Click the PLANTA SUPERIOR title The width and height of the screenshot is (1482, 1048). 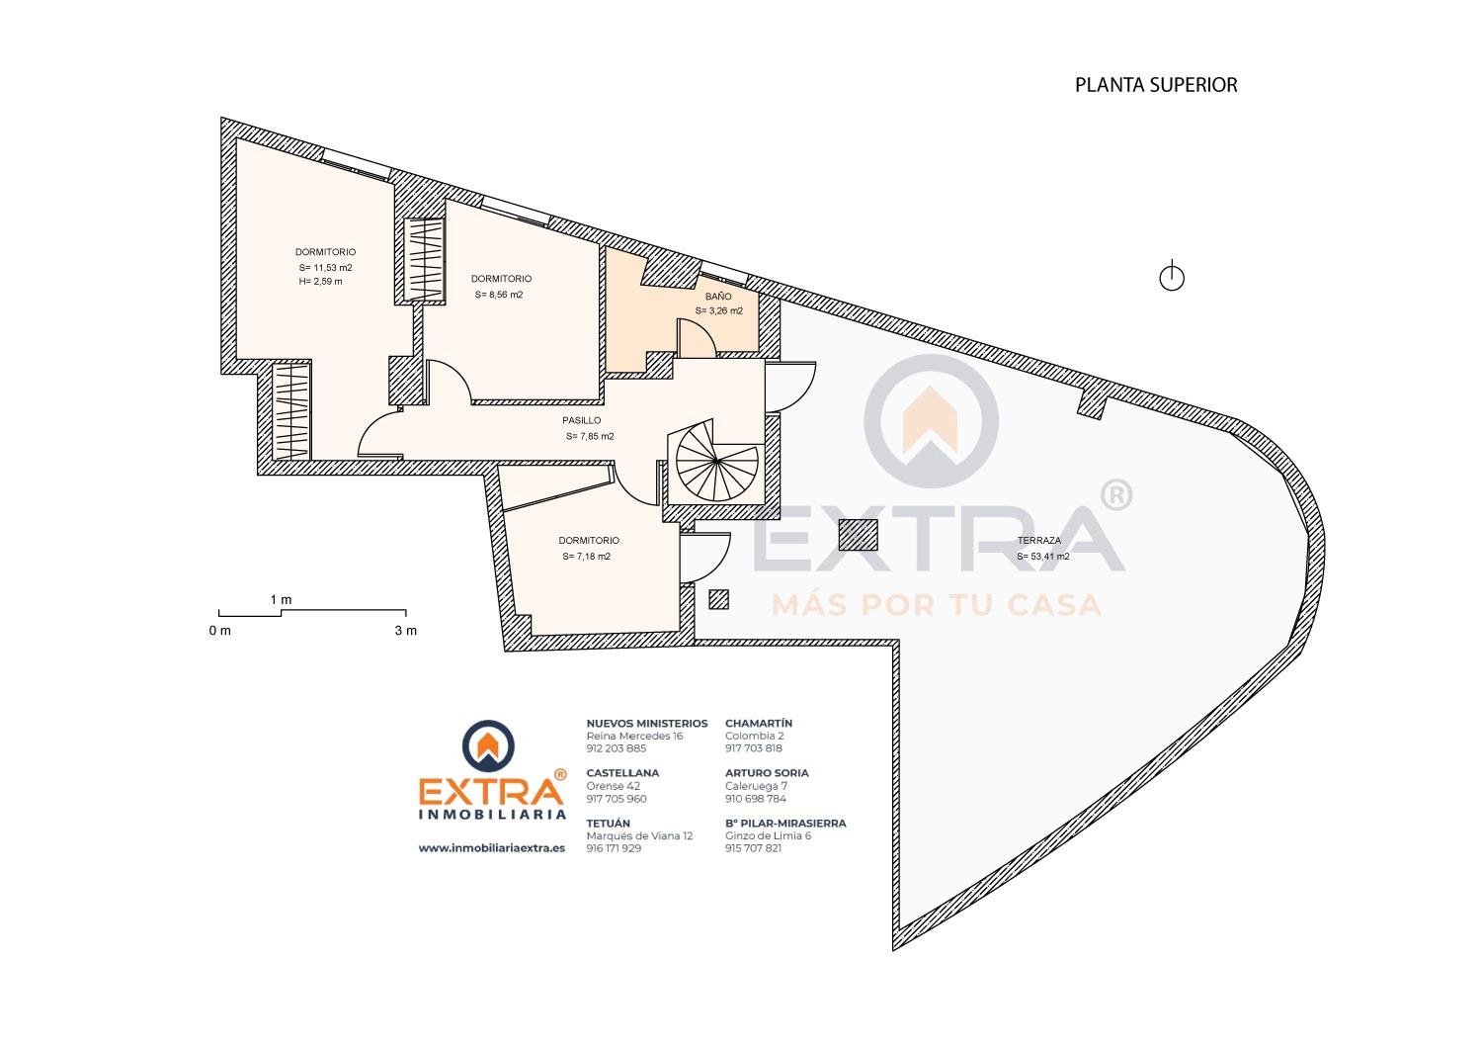1156,85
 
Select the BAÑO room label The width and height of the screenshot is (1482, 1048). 718,297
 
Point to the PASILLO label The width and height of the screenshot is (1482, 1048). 582,420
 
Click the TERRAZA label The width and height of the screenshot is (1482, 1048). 1039,540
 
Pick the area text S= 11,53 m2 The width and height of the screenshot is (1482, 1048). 325,268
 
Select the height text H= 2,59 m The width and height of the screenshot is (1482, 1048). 321,282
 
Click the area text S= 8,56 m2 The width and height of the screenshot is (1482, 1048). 499,295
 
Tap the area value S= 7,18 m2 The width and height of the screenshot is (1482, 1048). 586,556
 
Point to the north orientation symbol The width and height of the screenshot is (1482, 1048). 1172,276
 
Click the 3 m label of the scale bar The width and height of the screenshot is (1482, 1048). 406,631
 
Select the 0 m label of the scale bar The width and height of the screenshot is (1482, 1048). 220,631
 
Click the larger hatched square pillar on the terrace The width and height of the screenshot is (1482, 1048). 859,535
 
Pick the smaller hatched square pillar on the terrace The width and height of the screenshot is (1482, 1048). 719,599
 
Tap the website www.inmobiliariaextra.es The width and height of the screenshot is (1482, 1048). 492,848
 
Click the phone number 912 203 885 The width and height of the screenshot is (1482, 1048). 616,748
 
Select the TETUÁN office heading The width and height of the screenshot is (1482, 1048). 608,823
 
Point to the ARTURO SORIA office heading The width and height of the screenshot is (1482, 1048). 767,772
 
